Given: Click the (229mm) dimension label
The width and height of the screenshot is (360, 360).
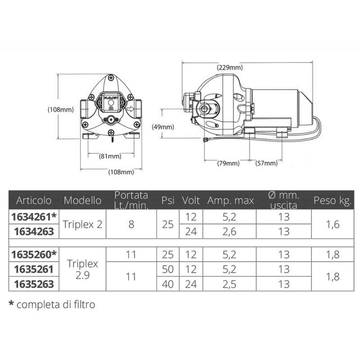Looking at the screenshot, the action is (229, 67).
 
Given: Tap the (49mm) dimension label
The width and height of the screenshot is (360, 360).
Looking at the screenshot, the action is (163, 127).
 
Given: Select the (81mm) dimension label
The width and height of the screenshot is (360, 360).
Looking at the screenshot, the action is (110, 156).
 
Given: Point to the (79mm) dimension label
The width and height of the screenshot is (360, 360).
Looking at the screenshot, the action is (228, 163).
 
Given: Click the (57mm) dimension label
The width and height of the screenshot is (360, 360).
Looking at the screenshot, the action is (266, 163).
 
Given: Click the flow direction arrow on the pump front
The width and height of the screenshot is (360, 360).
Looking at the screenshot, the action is (130, 108).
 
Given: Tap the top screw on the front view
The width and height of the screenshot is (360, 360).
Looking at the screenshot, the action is (111, 77).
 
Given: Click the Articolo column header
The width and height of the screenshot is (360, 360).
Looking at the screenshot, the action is (34, 200).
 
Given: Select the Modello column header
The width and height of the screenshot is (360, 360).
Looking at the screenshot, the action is (82, 200).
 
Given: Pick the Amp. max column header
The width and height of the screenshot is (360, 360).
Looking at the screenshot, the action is (230, 201).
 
